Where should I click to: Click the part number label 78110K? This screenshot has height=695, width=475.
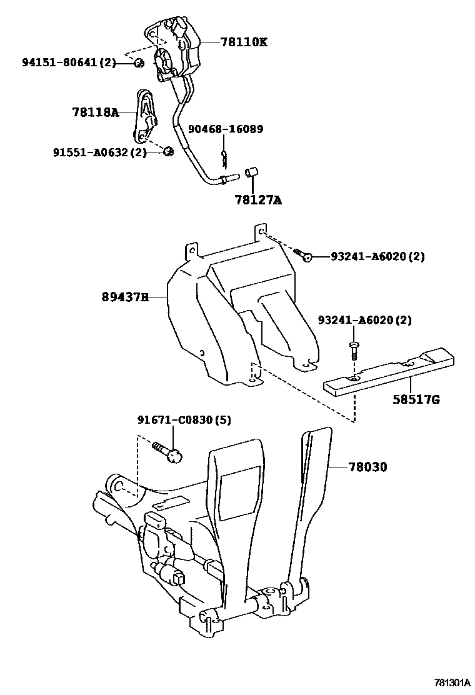coord(243,42)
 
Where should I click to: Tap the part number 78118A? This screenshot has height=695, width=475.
coord(95,112)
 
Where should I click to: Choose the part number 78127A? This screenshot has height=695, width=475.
coord(258,201)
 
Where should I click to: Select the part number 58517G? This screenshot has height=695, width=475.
coord(416,398)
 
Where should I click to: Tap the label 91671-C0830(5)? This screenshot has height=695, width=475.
coord(184,420)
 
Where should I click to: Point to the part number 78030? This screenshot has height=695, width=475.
coord(367,466)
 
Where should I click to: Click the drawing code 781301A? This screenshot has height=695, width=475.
coord(452,682)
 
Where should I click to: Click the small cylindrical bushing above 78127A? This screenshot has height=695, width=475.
coord(251,172)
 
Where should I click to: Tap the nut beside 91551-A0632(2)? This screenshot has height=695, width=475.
coord(167,151)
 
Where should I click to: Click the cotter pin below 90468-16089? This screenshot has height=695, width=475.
coord(224,157)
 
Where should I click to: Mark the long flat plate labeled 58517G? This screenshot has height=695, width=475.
coord(387,375)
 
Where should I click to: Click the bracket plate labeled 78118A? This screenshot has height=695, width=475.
coord(145,117)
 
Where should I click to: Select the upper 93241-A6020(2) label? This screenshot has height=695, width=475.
coord(377,256)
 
